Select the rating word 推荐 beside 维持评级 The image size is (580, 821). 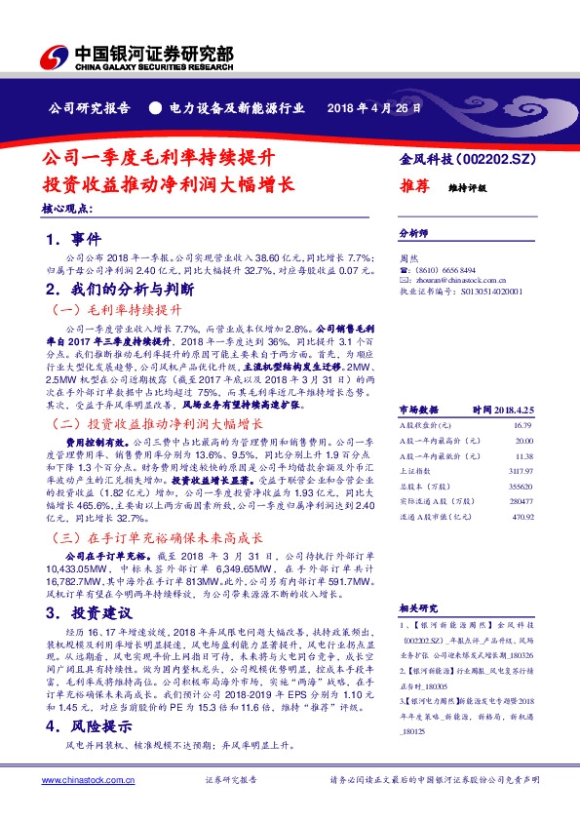click(x=415, y=185)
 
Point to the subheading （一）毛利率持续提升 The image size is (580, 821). click(x=115, y=309)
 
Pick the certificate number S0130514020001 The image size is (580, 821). click(x=481, y=291)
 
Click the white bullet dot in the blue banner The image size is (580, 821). click(x=153, y=107)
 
